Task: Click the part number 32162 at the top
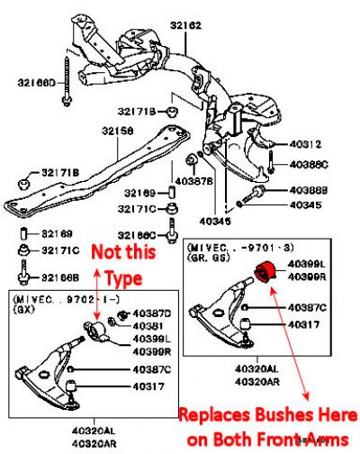[x=186, y=27]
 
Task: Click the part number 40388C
[x=309, y=164]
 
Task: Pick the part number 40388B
[x=309, y=191]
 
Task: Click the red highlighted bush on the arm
[x=265, y=269]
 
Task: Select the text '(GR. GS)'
[x=208, y=256]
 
